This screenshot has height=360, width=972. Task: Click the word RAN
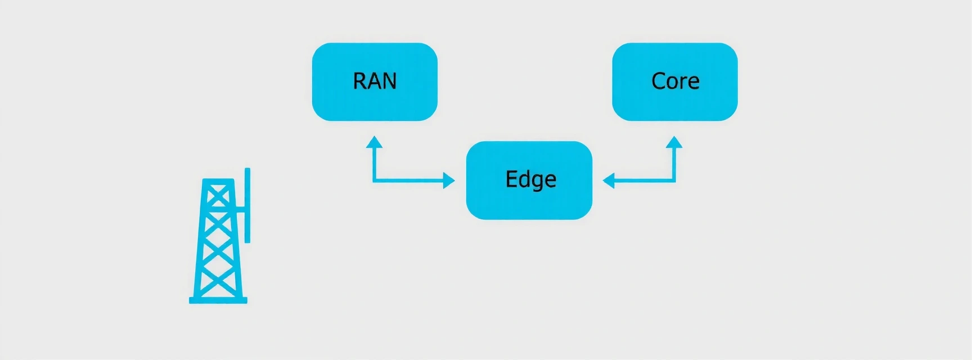coord(375,82)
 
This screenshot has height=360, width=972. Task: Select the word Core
coord(675,82)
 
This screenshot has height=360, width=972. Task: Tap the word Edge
coord(530,180)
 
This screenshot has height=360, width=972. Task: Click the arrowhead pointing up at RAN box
coord(374,141)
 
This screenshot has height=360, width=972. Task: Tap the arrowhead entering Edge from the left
coord(449,181)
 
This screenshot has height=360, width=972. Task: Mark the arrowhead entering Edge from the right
coord(609,181)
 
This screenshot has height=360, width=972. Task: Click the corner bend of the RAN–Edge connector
coord(374,181)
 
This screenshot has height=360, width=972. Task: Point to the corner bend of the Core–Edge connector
coord(674,181)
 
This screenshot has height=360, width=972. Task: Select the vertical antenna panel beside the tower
coord(247,205)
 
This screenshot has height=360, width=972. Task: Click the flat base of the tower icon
coord(218,300)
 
